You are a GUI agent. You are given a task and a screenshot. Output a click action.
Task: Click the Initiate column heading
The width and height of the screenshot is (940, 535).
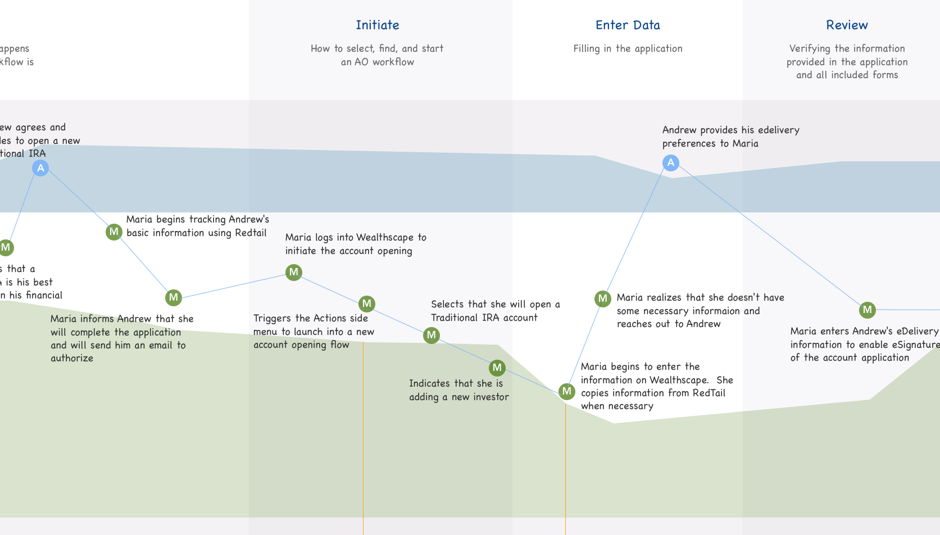coord(377,25)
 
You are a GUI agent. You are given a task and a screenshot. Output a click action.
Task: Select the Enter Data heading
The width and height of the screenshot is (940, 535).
coord(628,25)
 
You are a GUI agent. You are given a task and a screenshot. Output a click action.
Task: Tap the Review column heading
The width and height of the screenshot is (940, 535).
coord(847,25)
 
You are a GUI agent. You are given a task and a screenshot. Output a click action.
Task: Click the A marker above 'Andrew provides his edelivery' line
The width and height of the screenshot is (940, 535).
coord(670,163)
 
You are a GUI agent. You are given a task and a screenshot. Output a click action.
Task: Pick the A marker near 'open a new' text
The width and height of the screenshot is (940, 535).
coord(40,168)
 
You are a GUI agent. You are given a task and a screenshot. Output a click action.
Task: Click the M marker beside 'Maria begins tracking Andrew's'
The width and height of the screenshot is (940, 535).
coord(114,232)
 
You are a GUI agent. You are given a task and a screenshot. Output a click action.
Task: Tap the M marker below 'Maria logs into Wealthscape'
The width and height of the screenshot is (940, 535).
coord(294,273)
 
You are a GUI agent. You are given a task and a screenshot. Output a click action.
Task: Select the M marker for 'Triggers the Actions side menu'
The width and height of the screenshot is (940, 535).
coord(367,304)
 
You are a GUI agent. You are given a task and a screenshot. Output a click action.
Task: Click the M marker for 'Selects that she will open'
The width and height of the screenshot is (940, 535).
coord(432,335)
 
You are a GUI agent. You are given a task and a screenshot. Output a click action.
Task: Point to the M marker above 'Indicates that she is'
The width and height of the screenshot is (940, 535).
coord(497,368)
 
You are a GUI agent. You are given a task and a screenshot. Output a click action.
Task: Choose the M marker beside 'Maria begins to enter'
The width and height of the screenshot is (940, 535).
coord(567,391)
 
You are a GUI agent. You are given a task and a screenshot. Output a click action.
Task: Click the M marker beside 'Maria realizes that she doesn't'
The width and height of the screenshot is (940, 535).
coord(603,298)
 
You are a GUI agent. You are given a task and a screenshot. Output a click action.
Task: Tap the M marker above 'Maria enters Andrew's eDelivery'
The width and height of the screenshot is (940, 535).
coord(868,310)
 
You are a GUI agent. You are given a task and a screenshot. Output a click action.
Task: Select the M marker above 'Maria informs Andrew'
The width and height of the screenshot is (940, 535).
coord(174,297)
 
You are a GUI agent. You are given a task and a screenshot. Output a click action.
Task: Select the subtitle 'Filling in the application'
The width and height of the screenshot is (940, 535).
coord(628,49)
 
